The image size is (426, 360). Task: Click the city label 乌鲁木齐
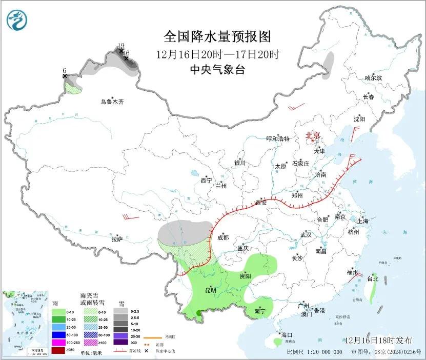(112, 102)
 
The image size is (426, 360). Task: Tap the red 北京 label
(313, 135)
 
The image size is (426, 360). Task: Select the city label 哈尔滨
(373, 78)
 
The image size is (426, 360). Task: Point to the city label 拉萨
(117, 238)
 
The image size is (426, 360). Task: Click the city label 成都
(223, 237)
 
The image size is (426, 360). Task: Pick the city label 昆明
(211, 290)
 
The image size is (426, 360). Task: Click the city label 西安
(261, 203)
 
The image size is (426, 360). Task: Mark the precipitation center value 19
(121, 45)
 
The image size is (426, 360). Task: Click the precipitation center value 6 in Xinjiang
(65, 70)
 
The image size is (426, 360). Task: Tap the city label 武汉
(306, 234)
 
